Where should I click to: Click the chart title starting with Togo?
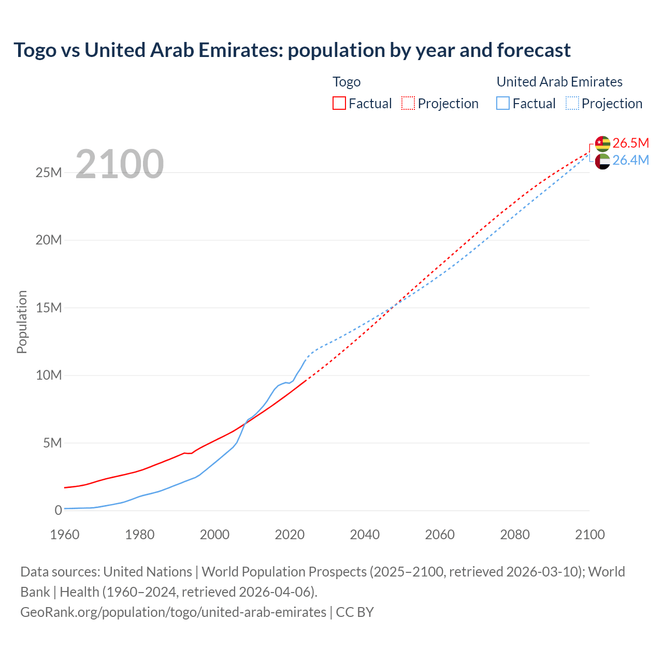point(292,50)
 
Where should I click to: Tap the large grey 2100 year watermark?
point(120,164)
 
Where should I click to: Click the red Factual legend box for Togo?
point(339,103)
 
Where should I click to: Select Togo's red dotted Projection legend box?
point(408,103)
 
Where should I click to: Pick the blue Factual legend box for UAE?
point(502,103)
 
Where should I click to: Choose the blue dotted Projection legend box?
point(572,103)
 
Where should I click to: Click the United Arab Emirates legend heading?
point(559,82)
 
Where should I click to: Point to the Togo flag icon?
point(602,143)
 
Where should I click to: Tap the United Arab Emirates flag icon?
point(602,161)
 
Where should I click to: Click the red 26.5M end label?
point(630,143)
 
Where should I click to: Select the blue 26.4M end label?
point(630,161)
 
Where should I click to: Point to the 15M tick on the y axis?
point(49,308)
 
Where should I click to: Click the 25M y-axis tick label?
point(49,172)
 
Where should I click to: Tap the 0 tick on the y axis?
point(58,510)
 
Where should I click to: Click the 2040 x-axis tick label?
point(365,535)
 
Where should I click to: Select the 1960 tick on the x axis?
point(65,535)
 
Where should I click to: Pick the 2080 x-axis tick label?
point(515,535)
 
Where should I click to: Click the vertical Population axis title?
point(22,322)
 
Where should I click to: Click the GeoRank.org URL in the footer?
point(173,612)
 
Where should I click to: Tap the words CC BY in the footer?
point(355,612)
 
